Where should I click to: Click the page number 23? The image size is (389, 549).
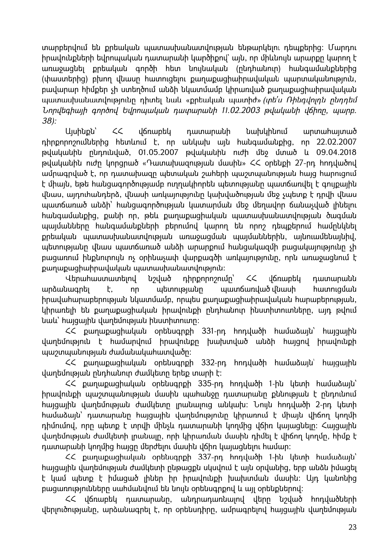[x=352, y=527]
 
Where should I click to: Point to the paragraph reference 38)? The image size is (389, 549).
[x=50, y=121]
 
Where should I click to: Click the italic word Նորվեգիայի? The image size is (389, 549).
[x=61, y=111]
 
